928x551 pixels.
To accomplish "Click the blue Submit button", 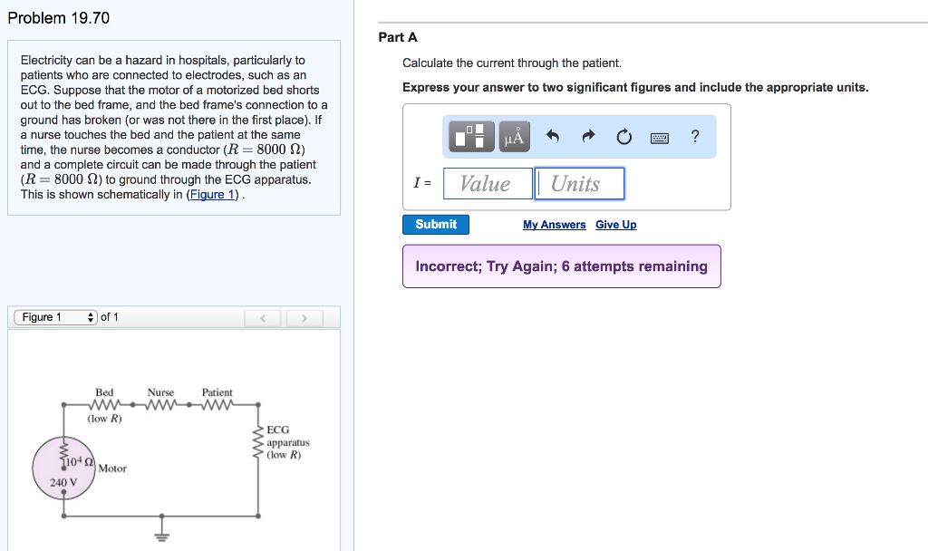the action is [x=436, y=225].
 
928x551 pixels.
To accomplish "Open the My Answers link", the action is [x=554, y=225].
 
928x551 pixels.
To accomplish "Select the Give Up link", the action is [x=616, y=225].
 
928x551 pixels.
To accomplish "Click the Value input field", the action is [x=488, y=183].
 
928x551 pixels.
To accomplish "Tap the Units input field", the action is [x=579, y=183].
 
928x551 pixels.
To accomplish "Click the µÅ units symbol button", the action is [x=515, y=137].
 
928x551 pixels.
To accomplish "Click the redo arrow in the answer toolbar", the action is [x=587, y=137].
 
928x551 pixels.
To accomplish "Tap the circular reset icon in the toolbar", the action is [x=623, y=137].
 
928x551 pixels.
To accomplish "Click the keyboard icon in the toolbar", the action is [x=660, y=138].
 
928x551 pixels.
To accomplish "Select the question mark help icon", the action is [x=695, y=136].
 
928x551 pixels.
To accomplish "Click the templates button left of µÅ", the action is [x=471, y=137].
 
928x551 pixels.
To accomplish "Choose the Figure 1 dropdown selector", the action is [x=55, y=317].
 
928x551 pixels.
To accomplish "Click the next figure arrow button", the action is [x=304, y=318].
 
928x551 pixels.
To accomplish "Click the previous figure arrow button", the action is [x=263, y=318].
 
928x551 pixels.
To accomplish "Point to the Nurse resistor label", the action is [x=160, y=392].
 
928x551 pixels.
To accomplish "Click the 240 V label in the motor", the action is [x=63, y=482].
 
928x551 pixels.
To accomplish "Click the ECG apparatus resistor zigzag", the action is [x=258, y=441].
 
